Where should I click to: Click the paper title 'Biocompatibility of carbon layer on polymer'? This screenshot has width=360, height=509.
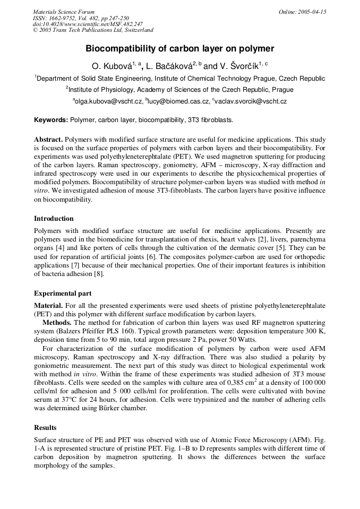[179, 49]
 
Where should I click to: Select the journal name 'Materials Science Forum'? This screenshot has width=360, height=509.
[64, 12]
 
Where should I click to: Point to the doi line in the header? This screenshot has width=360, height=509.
[88, 24]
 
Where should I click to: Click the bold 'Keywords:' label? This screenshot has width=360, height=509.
[51, 120]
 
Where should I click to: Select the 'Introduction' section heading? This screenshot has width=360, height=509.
[54, 219]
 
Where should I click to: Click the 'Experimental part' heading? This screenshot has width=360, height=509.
[63, 294]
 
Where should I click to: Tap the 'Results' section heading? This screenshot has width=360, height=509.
[45, 428]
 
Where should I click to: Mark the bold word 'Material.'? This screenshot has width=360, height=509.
[48, 306]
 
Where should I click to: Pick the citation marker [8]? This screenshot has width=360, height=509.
[99, 274]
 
